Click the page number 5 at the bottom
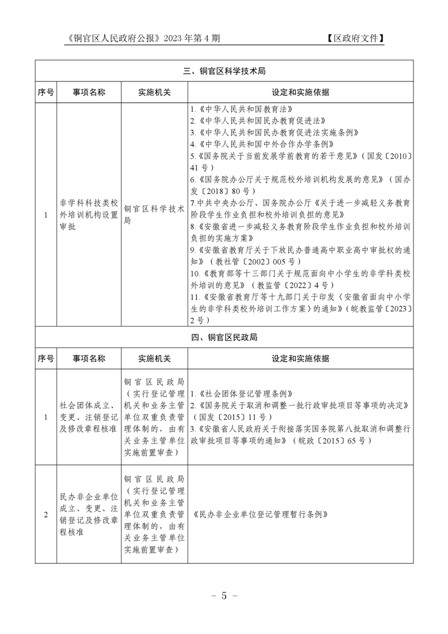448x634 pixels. coord(224,596)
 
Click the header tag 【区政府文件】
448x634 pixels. coord(355,38)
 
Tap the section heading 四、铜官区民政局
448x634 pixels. coord(224,337)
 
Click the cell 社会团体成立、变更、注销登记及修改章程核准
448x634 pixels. coord(89,416)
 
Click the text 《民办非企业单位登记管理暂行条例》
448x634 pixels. coord(260,515)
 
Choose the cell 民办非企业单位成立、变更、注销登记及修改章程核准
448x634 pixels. coord(89,515)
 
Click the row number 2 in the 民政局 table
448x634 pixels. coord(46,515)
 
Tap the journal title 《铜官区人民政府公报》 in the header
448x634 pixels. coord(114,38)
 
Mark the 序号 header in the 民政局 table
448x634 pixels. coord(46,358)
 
